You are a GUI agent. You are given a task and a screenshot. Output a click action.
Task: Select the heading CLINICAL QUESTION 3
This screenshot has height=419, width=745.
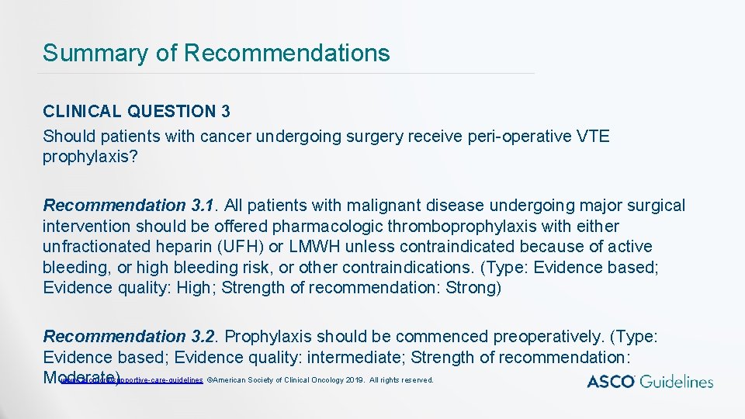[137, 112]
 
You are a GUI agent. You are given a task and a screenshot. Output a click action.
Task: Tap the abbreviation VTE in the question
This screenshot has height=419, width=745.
[594, 137]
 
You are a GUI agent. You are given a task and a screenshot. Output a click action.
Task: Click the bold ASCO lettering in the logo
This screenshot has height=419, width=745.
[610, 381]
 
